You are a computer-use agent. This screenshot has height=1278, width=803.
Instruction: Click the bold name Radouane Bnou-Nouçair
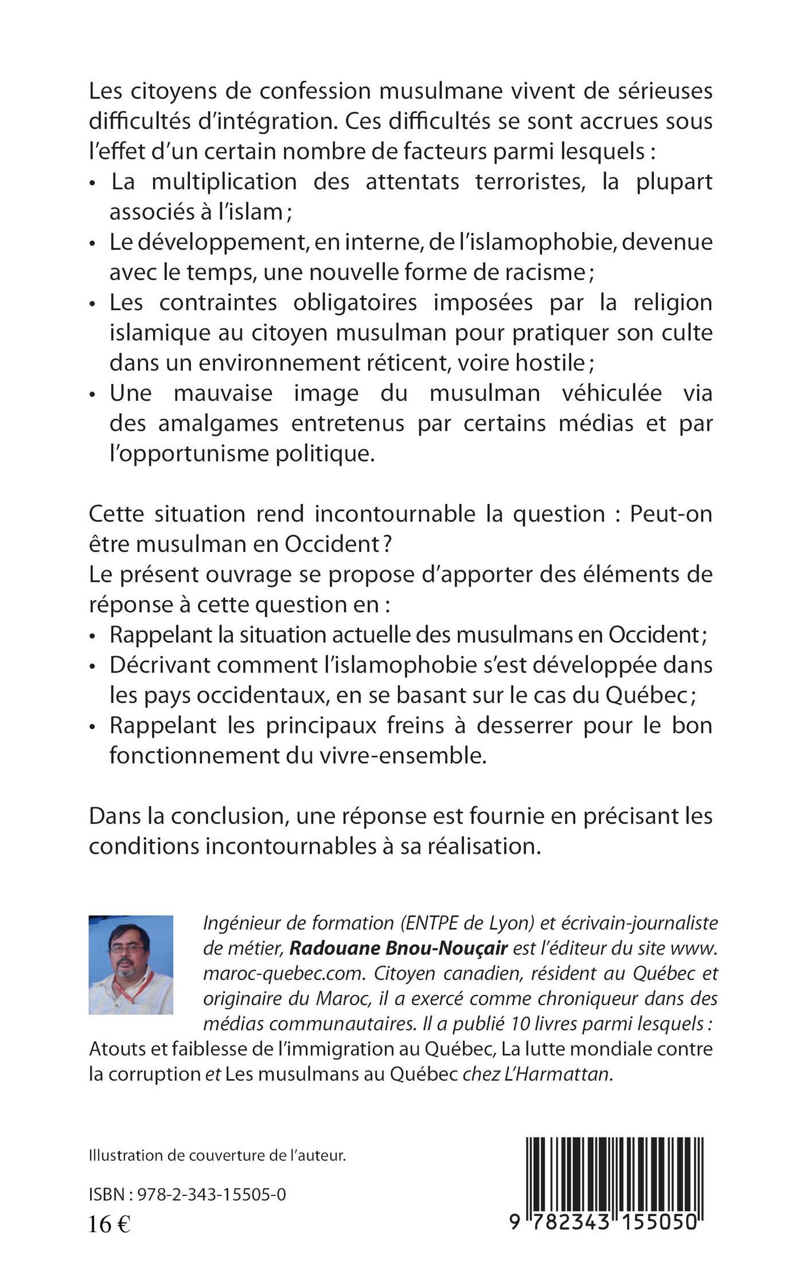point(398,948)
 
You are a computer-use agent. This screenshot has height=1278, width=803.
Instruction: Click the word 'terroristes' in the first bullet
point(530,182)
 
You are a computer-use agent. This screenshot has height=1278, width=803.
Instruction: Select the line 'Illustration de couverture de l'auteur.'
point(217,1155)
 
